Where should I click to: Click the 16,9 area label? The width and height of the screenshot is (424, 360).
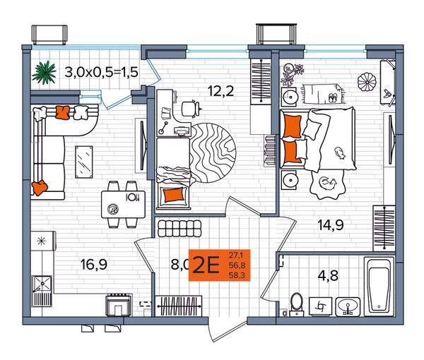(x=94, y=265)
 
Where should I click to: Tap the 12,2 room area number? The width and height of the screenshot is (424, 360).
(x=220, y=91)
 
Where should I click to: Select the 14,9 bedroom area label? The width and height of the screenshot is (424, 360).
(x=331, y=224)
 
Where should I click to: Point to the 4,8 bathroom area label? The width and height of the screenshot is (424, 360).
(x=328, y=276)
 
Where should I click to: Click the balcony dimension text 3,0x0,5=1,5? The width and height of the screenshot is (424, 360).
(x=101, y=73)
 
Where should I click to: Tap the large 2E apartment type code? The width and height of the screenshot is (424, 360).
(x=206, y=265)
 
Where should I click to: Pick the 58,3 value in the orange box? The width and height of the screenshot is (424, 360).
(x=237, y=275)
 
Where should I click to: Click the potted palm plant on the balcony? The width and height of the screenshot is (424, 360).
(x=44, y=73)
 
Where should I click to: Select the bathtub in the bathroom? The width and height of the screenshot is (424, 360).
(x=379, y=287)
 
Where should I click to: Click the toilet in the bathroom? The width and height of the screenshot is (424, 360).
(x=297, y=304)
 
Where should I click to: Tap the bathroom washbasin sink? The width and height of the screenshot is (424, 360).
(x=348, y=307)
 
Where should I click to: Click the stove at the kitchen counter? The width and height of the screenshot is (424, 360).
(x=119, y=305)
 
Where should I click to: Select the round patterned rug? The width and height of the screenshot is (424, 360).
(x=213, y=152)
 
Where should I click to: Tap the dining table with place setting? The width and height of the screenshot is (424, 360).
(x=123, y=205)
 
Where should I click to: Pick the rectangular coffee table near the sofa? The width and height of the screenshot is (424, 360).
(x=84, y=162)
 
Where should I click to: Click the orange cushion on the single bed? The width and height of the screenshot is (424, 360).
(x=174, y=195)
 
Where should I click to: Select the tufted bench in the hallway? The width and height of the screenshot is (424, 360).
(x=179, y=229)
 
